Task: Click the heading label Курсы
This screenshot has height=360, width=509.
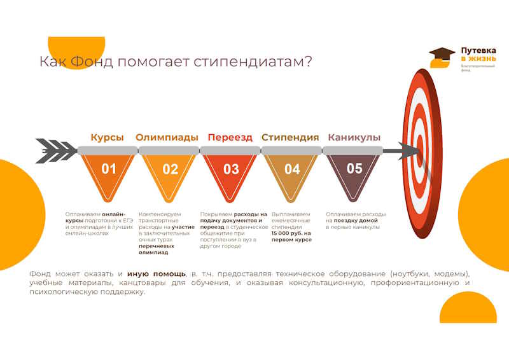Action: point(107,137)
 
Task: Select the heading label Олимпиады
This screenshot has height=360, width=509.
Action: point(167,137)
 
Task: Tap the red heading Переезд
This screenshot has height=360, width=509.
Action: point(230,137)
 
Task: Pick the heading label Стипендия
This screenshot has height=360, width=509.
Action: point(290,137)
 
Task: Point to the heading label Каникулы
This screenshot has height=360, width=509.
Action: point(354,137)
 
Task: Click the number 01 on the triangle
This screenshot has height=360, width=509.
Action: point(108,169)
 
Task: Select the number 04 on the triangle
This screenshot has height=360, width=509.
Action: point(292,169)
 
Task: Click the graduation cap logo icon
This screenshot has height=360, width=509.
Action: point(442,57)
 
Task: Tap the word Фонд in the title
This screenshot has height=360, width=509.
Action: point(92,62)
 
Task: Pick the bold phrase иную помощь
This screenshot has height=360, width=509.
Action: point(157,274)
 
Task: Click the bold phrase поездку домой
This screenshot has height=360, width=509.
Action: point(356,221)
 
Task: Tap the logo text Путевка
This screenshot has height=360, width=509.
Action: point(478,51)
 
